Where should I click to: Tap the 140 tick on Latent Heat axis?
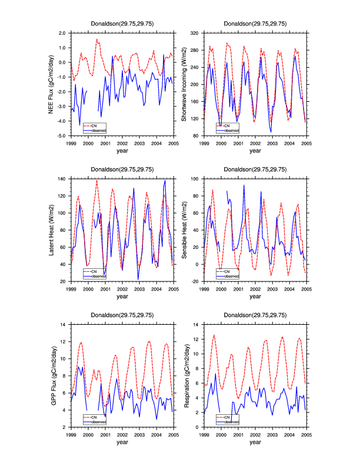tap(62, 179)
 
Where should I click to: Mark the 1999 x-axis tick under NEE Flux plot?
tap(71, 143)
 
